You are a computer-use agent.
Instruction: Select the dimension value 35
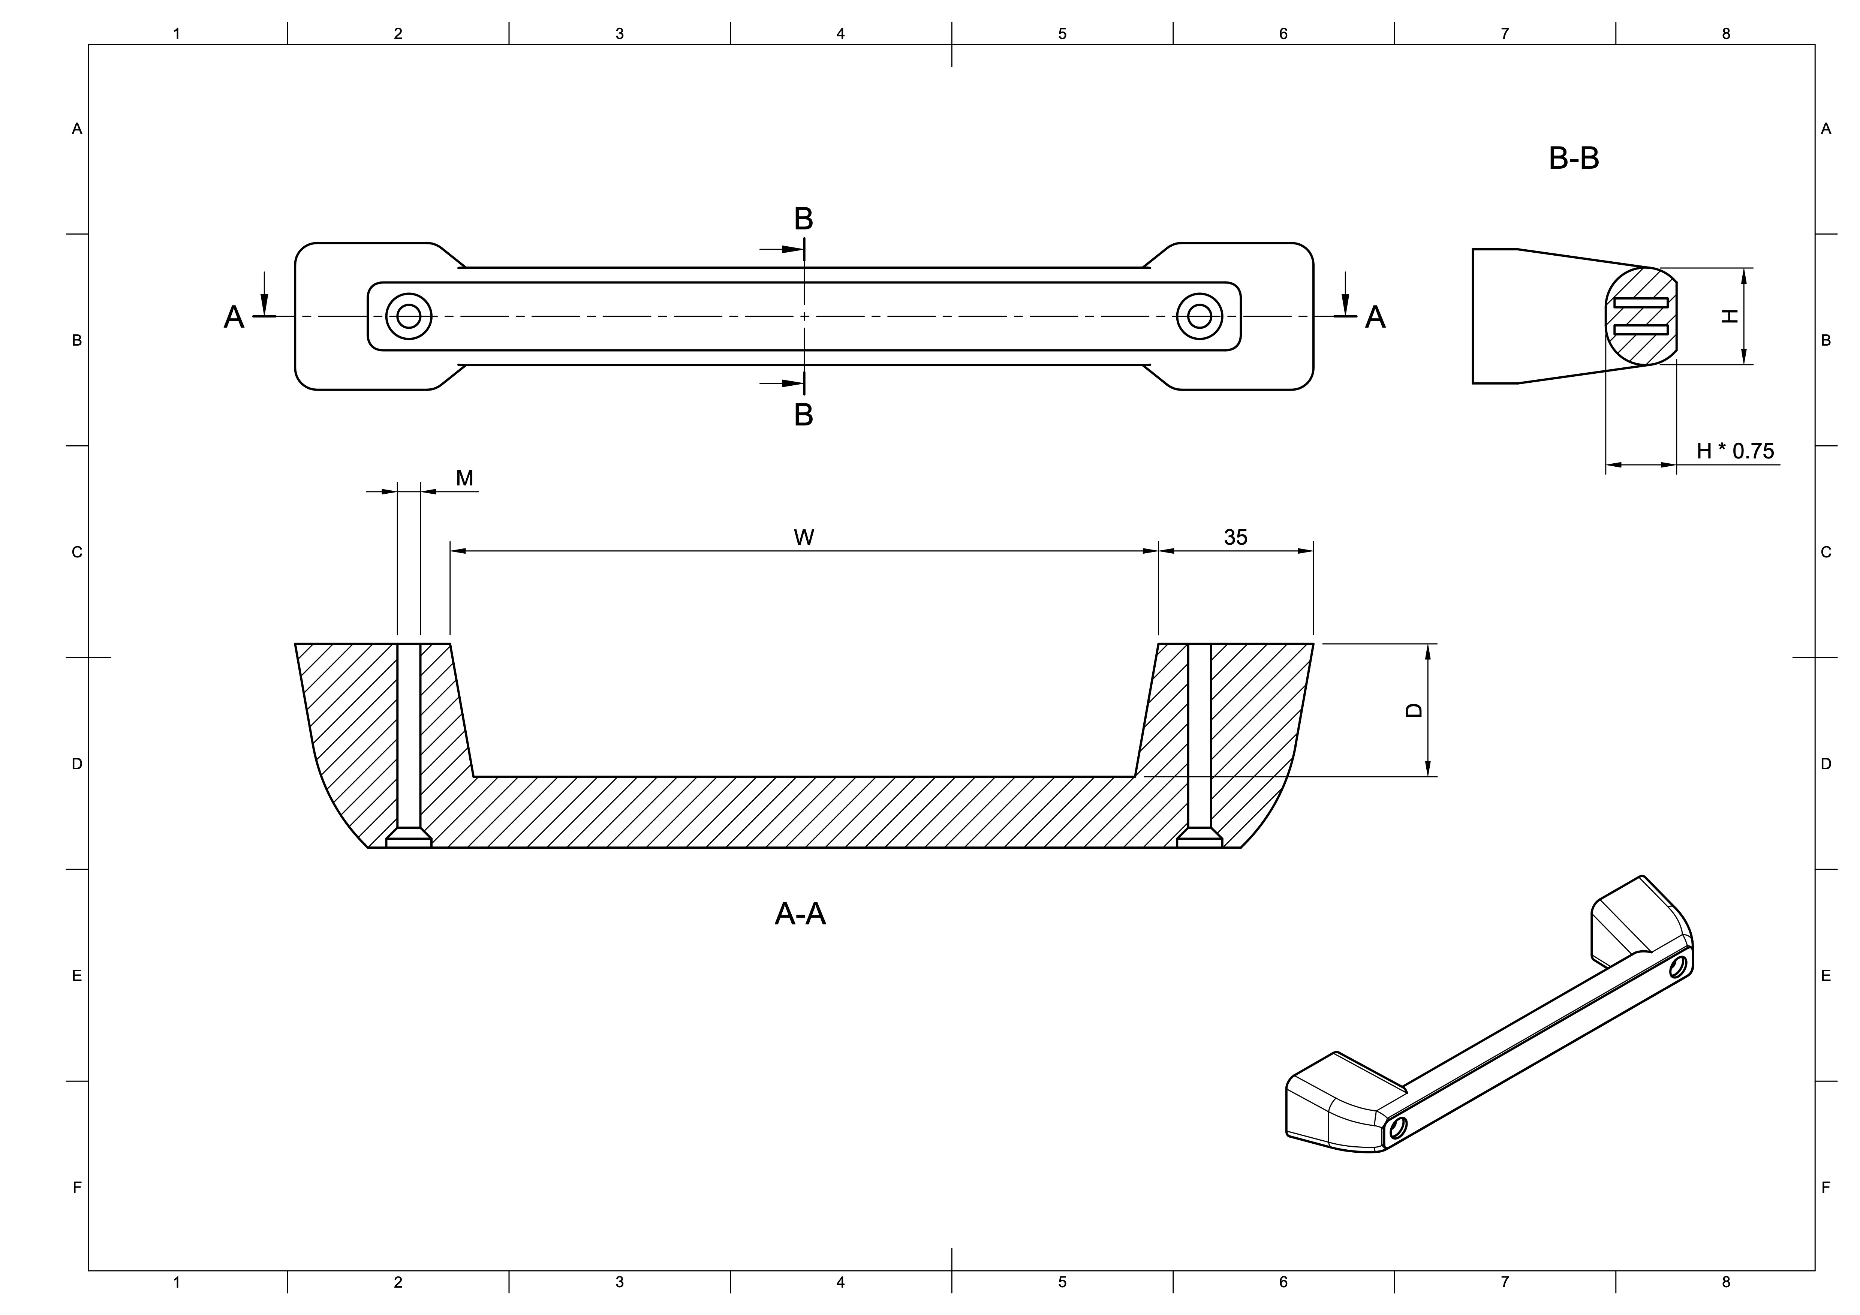tap(1236, 537)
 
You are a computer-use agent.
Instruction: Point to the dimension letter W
tap(804, 537)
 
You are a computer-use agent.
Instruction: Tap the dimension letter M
tap(464, 478)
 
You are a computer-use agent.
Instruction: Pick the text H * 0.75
tap(1735, 451)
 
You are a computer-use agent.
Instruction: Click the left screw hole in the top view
tap(409, 316)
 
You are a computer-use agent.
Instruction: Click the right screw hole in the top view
tap(1199, 316)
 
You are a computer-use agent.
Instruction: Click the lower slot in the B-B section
tap(1640, 329)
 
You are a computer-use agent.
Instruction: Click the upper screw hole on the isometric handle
tap(1678, 967)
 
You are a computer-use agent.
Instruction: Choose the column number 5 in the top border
tap(1062, 34)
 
